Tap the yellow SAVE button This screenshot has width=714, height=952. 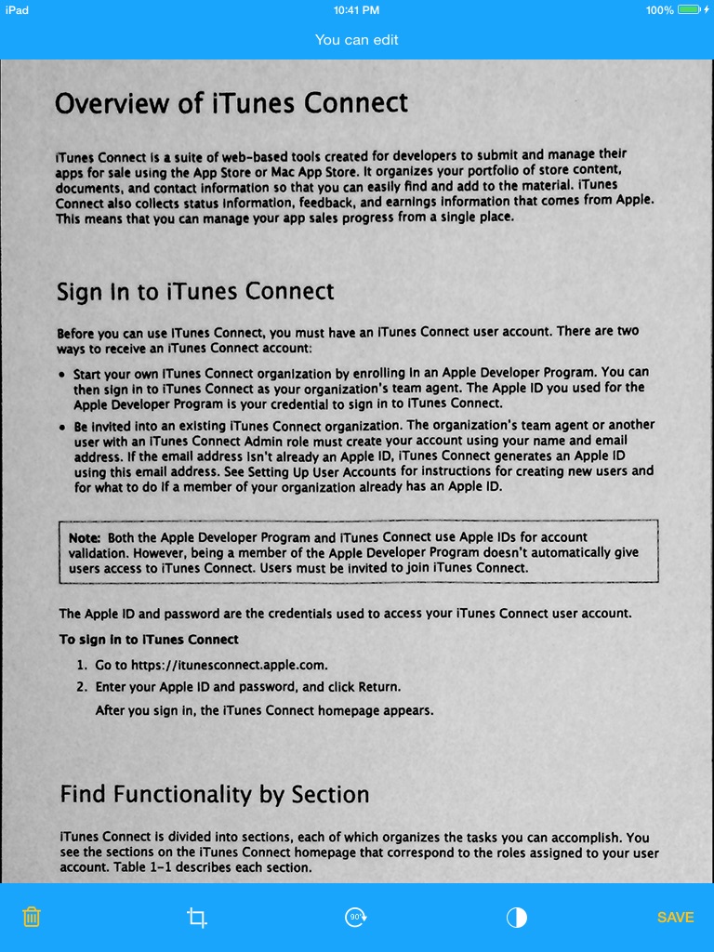(675, 917)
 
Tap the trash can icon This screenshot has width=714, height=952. (32, 917)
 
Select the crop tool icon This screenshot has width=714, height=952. (196, 918)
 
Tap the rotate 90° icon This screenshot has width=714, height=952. (356, 917)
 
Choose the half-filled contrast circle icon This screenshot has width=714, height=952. (517, 918)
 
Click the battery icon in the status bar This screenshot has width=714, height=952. (689, 10)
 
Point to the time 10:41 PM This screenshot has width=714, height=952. (356, 10)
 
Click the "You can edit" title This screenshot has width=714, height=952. (356, 39)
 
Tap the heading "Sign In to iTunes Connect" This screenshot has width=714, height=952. (195, 292)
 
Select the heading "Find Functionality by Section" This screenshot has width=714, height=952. (215, 794)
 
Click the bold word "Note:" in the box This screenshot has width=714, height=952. (86, 537)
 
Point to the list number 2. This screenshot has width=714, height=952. (82, 688)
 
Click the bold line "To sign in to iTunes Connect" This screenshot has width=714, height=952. (150, 640)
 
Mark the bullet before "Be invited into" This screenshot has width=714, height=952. (62, 427)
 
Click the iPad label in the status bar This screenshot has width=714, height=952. (17, 10)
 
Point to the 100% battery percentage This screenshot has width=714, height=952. (658, 10)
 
